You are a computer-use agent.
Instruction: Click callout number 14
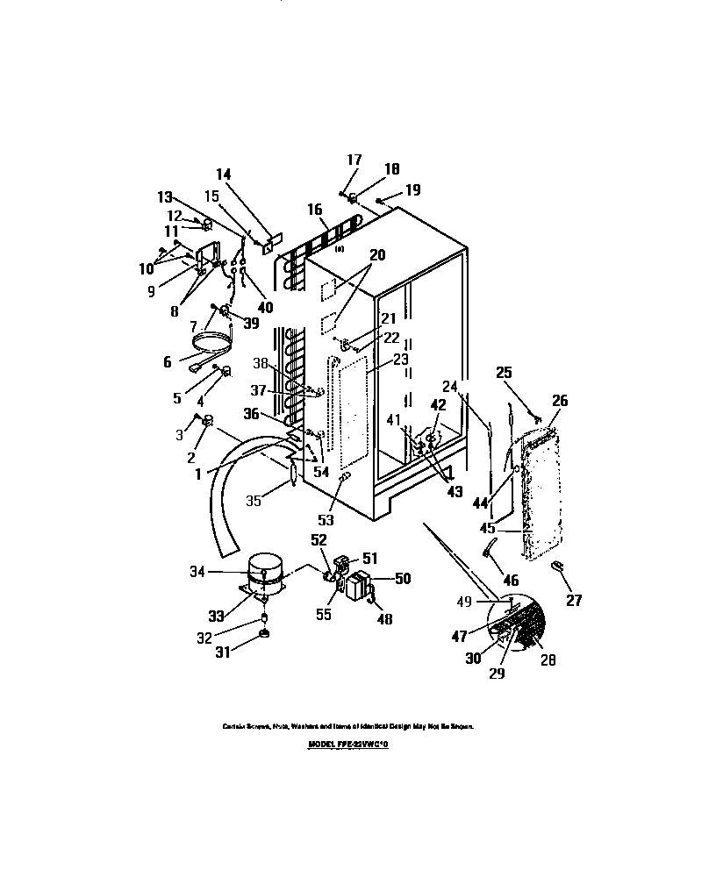coord(223,175)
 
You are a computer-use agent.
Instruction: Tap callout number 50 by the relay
coord(403,579)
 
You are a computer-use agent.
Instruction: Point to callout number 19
coord(412,189)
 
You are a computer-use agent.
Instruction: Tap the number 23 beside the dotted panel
coord(401,359)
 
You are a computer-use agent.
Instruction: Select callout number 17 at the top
coord(354,160)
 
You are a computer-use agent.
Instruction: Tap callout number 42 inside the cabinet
coord(438,405)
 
